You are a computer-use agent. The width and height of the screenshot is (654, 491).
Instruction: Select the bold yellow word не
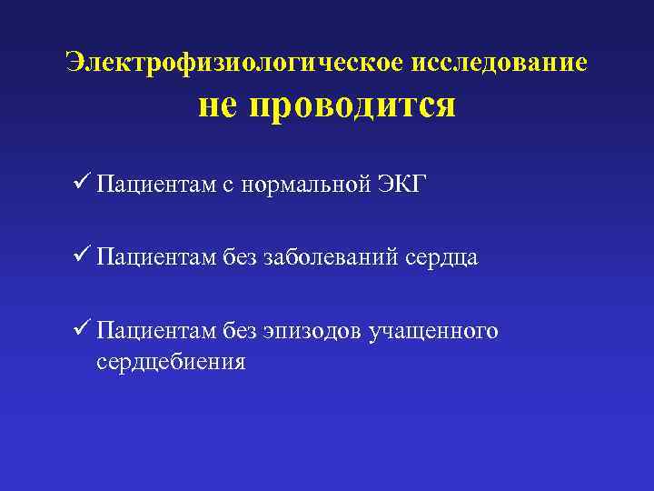tap(219, 106)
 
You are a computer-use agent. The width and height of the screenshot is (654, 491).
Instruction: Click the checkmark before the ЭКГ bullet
tap(80, 185)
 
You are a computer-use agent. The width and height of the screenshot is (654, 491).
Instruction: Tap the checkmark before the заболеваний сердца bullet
tap(80, 258)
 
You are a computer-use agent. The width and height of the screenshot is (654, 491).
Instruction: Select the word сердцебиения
tap(171, 362)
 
